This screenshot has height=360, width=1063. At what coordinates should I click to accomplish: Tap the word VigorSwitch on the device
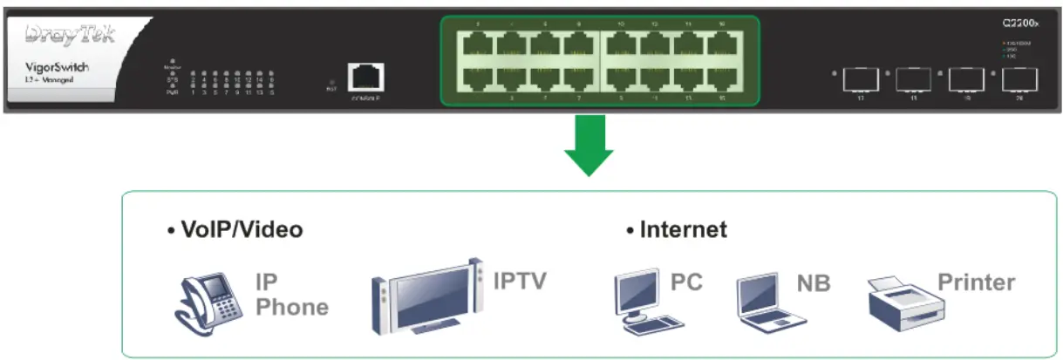pos(56,67)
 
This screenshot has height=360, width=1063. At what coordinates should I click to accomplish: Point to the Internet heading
pos(677,230)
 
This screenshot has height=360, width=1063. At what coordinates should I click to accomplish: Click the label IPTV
pos(520,281)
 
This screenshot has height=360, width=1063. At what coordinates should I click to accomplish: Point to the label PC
pos(686,282)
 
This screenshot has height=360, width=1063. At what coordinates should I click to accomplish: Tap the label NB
pos(813,284)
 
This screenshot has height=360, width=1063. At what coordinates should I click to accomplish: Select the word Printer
pos(976,282)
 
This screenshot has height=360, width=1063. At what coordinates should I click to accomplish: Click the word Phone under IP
pos(292,307)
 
